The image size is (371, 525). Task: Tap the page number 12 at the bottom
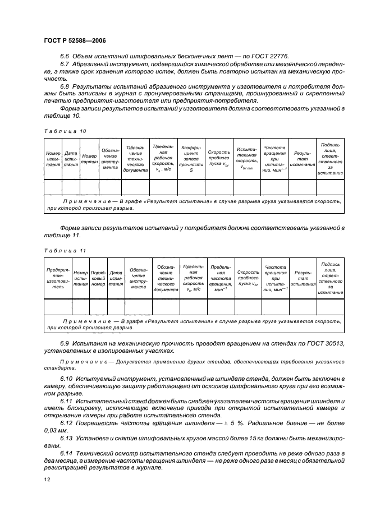click(47, 479)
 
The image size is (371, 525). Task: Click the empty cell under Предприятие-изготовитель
click(58, 306)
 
